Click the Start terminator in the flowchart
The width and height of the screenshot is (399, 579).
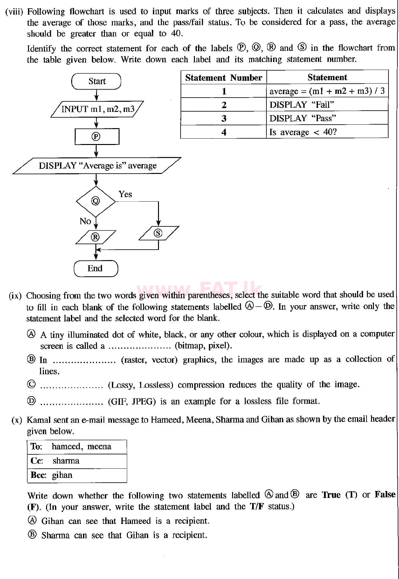pyautogui.click(x=96, y=81)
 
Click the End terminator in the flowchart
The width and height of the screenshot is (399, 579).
pyautogui.click(x=96, y=268)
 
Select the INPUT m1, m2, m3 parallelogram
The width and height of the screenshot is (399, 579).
pyautogui.click(x=97, y=109)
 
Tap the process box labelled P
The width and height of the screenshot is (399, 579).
pyautogui.click(x=97, y=136)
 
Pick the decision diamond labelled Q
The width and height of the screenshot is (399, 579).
pyautogui.click(x=96, y=201)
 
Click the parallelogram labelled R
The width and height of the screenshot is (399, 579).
pyautogui.click(x=95, y=237)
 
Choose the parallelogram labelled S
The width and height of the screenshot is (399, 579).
pyautogui.click(x=158, y=233)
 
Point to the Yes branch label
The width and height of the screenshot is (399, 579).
pyautogui.click(x=125, y=194)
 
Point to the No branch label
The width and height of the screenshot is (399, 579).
pyautogui.click(x=85, y=221)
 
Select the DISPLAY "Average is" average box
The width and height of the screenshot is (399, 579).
pyautogui.click(x=97, y=166)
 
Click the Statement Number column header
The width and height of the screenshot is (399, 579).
pyautogui.click(x=224, y=78)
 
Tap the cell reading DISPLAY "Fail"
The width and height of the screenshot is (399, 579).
pyautogui.click(x=327, y=105)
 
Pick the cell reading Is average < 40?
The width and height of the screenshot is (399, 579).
pyautogui.click(x=327, y=132)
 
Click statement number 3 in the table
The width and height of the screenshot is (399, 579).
pyautogui.click(x=224, y=119)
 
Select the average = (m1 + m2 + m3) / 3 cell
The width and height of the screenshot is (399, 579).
pyautogui.click(x=327, y=91)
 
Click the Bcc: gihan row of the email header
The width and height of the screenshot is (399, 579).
pyautogui.click(x=77, y=475)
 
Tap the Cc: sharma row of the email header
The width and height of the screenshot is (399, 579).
pyautogui.click(x=77, y=461)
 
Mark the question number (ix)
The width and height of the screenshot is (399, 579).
pyautogui.click(x=15, y=296)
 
